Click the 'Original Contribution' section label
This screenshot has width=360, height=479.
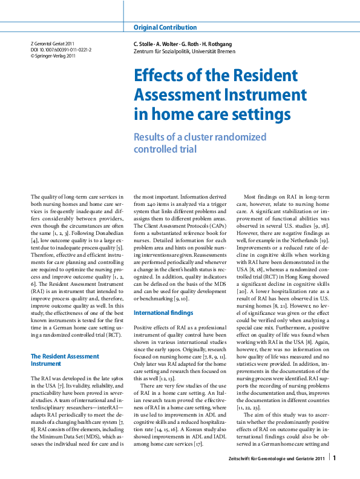(165, 27)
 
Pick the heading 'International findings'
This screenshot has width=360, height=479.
(163, 312)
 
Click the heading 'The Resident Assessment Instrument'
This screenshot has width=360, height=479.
(61, 360)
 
